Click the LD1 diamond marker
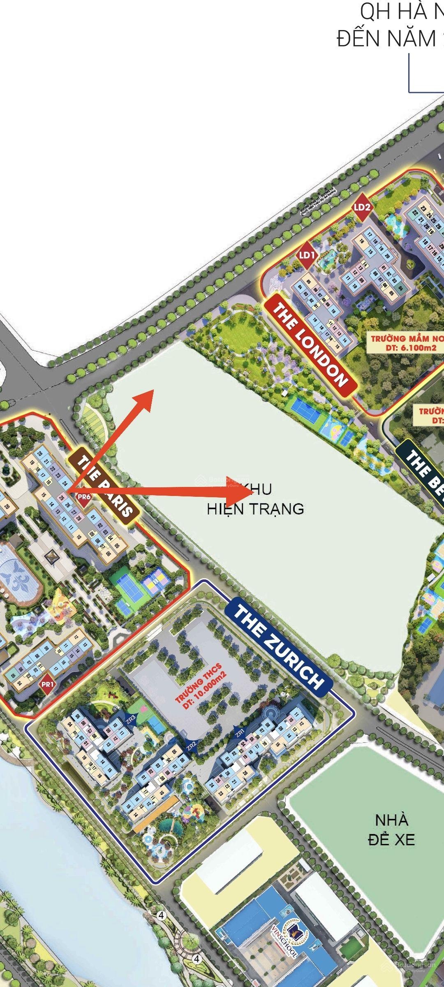tap(307, 255)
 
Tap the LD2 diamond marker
tap(362, 207)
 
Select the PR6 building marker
tap(83, 497)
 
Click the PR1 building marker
tap(48, 685)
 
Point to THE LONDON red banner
tap(310, 346)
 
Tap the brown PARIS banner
tap(105, 486)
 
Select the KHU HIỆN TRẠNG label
tap(255, 499)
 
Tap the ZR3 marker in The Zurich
tap(131, 719)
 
